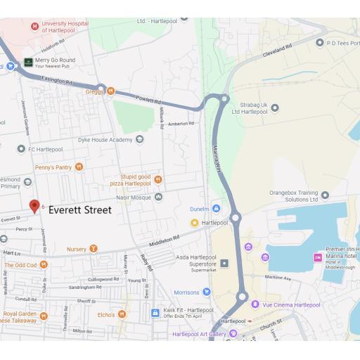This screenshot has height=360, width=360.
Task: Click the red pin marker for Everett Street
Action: [34, 205]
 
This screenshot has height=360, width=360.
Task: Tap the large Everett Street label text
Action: [79, 210]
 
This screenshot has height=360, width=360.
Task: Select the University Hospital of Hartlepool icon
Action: [34, 27]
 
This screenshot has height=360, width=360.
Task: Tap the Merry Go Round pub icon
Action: [28, 63]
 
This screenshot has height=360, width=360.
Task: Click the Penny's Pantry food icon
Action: [79, 167]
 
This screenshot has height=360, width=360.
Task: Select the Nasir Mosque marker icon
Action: [158, 196]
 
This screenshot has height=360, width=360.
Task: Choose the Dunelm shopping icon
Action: [216, 209]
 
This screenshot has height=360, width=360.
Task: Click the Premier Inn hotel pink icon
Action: [316, 257]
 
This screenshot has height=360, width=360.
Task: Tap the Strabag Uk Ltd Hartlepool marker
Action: [275, 108]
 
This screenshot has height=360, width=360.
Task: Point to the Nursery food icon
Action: [94, 249]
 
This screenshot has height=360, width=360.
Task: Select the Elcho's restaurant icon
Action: [122, 314]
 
